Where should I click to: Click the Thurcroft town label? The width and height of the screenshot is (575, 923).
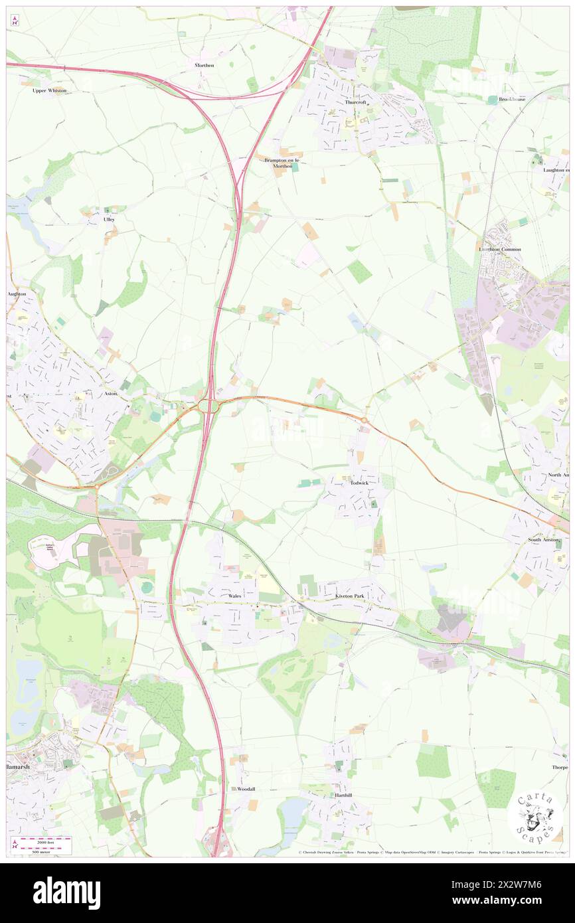click(x=356, y=103)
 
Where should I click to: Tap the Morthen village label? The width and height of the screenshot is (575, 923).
click(x=205, y=65)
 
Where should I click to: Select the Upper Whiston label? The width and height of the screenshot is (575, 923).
click(x=50, y=90)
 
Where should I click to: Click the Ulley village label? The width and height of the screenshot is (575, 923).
click(x=109, y=219)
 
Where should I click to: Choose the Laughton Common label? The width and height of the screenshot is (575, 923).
click(x=500, y=249)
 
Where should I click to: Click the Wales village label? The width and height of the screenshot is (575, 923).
click(x=234, y=596)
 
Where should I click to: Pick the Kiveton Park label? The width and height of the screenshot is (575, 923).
click(x=349, y=596)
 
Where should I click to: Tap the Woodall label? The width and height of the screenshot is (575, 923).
click(x=242, y=789)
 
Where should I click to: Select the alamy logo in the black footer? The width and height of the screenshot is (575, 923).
click(x=66, y=892)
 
